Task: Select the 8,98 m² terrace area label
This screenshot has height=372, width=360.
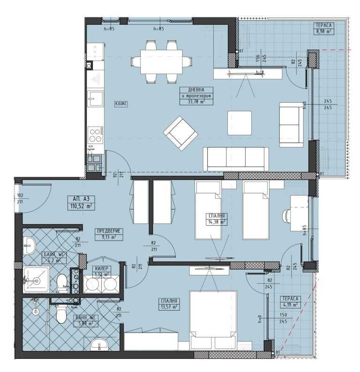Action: (x=323, y=32)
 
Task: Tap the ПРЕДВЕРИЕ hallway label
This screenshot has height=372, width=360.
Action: (x=106, y=231)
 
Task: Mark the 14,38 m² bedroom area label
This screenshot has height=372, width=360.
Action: (x=217, y=222)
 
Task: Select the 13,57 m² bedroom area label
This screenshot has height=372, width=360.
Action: (x=168, y=307)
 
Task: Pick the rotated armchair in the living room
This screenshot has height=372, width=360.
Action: (x=179, y=133)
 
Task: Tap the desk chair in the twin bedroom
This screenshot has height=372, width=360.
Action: (x=286, y=215)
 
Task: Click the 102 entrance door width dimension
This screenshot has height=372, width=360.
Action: (x=20, y=196)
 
